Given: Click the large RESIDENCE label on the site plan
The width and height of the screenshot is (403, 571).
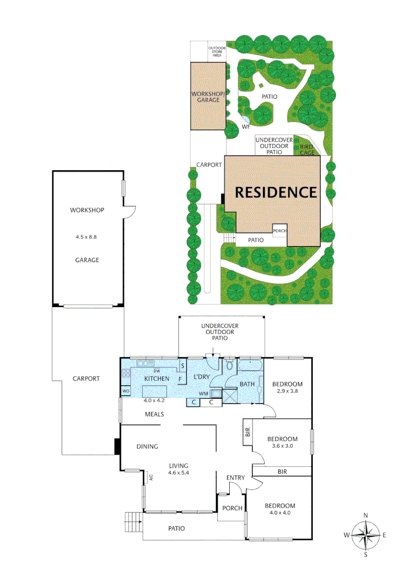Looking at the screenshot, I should (276, 192).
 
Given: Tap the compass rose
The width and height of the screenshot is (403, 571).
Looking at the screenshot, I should (365, 535).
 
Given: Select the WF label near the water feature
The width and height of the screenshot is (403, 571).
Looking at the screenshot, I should (246, 127).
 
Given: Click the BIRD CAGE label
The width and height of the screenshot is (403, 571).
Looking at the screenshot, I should (307, 149).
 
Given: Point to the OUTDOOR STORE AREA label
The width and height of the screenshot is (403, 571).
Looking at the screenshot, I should (217, 51).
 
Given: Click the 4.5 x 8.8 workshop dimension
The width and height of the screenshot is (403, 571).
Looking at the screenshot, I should (87, 237).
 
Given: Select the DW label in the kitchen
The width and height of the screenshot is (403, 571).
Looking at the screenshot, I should (157, 370).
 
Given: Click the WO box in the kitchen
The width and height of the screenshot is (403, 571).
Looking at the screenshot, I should (126, 391).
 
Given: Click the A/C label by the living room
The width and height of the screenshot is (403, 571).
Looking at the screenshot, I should (151, 478).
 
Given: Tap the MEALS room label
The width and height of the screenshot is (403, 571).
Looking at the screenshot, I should (154, 415).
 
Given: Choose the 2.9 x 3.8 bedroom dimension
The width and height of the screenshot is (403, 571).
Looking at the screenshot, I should (288, 391).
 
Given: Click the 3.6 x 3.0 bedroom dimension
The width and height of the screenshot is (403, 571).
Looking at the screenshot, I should (282, 446).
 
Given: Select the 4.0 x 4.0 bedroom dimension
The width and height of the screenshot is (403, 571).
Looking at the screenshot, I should (279, 512).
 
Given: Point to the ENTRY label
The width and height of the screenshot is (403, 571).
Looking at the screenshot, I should (236, 478).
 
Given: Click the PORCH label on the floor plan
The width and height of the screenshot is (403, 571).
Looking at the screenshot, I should (232, 508).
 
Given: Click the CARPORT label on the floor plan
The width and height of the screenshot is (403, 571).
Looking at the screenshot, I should (86, 379).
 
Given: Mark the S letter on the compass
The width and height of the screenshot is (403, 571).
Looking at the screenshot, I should (365, 555).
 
